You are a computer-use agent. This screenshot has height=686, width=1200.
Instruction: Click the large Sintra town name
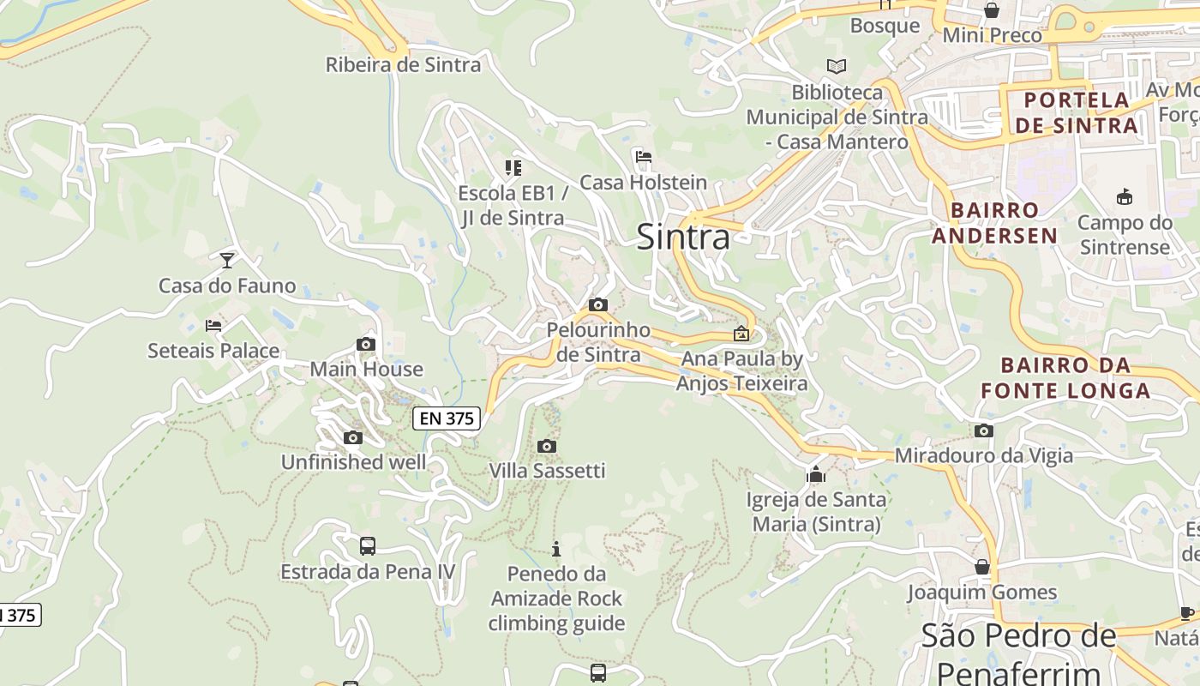[683, 238]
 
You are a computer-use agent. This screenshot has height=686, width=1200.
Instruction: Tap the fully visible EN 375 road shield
[447, 418]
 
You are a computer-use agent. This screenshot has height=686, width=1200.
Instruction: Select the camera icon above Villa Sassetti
[547, 446]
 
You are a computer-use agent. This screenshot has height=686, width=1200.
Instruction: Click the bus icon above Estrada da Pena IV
[367, 546]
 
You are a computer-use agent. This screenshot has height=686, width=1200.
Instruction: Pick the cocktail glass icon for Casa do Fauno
[227, 260]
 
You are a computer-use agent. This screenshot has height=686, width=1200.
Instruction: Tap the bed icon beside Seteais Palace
[213, 326]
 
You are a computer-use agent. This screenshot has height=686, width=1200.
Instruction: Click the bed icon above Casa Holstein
[644, 157]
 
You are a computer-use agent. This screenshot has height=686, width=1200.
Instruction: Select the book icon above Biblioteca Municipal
[836, 66]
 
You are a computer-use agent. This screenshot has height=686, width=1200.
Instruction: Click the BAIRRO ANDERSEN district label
[994, 223]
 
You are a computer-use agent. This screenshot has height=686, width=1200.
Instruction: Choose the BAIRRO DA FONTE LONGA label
[1065, 378]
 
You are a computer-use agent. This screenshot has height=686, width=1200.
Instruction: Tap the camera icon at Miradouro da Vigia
[984, 430]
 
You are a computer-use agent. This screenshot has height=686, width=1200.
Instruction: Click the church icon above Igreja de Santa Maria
[815, 474]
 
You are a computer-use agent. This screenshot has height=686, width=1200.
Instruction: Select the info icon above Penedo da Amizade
[556, 549]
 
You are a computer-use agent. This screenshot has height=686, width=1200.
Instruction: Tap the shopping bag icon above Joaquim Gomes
[982, 567]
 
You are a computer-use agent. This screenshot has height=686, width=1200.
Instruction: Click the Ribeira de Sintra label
[403, 64]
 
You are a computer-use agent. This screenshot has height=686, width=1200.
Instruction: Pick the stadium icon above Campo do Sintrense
[1125, 197]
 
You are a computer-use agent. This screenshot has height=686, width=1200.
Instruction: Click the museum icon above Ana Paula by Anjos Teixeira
[741, 334]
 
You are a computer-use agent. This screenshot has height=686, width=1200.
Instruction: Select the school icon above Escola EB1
[513, 168]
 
